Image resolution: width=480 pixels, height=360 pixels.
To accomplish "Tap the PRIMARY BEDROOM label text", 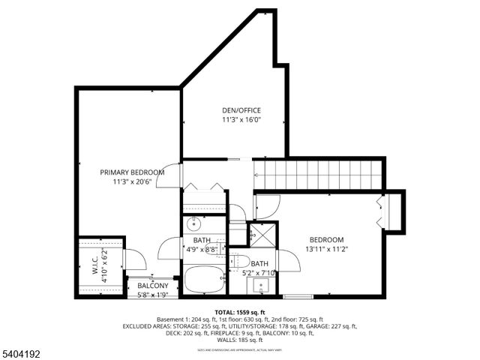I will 132,172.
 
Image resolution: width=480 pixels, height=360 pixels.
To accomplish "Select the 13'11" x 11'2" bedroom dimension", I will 326,248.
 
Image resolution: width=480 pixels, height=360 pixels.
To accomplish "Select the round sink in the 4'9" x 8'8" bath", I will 193,223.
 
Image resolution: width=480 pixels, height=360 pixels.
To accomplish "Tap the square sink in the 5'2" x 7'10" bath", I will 261,285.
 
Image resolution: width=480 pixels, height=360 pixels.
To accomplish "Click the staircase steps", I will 319,175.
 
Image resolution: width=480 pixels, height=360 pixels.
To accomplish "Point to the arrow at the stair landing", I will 256,175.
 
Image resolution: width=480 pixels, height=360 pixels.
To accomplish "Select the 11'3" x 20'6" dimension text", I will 132,181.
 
